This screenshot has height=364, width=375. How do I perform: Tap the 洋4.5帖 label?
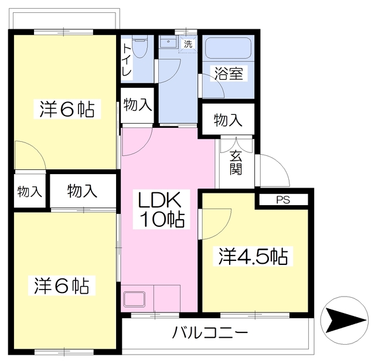253,257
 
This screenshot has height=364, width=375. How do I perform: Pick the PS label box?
282,200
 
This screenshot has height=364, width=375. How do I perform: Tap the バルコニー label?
210,334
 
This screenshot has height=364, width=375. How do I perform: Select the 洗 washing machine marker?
187,44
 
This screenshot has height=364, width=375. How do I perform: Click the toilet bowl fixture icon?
139,47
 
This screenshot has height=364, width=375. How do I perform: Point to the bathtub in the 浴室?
227,46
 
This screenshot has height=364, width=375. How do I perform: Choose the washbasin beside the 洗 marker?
167,43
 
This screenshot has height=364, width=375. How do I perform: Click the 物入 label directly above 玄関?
228,121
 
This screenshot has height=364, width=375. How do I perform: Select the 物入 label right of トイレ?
138,106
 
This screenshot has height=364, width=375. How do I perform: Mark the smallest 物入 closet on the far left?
29,192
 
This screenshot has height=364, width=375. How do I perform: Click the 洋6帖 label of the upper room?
67,110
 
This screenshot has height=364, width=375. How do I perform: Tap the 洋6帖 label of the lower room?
61,286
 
